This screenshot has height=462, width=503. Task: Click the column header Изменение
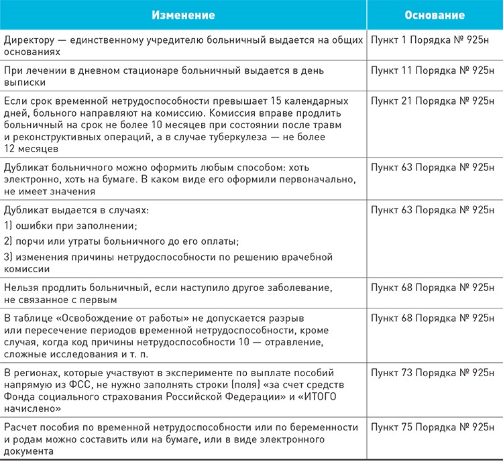tap(183, 14)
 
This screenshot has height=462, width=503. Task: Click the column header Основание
tap(435, 14)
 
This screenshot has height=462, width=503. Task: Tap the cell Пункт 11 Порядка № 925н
tap(435, 70)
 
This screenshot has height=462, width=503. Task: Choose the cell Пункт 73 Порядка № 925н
tap(435, 371)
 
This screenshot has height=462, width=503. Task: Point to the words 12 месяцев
tap(30, 149)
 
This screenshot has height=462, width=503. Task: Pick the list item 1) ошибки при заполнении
tap(70, 225)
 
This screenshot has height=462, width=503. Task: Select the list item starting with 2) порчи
tap(121, 241)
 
